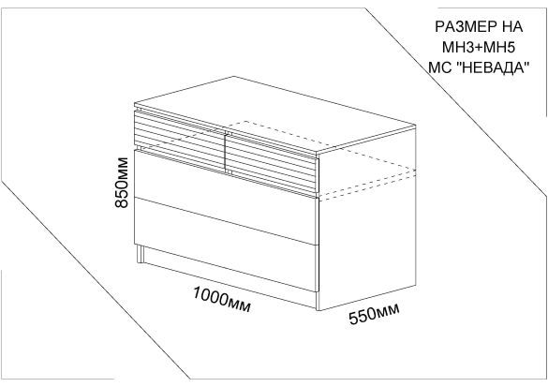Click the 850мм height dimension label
point(122,183)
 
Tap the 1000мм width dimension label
point(222,300)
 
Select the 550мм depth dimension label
point(375,314)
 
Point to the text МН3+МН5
point(479,48)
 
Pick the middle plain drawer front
point(227,197)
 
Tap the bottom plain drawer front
point(227,245)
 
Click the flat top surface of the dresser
point(274,114)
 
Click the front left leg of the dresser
point(141,254)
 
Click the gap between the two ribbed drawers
point(226,153)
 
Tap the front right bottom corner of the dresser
point(318,310)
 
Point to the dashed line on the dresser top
point(278,134)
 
